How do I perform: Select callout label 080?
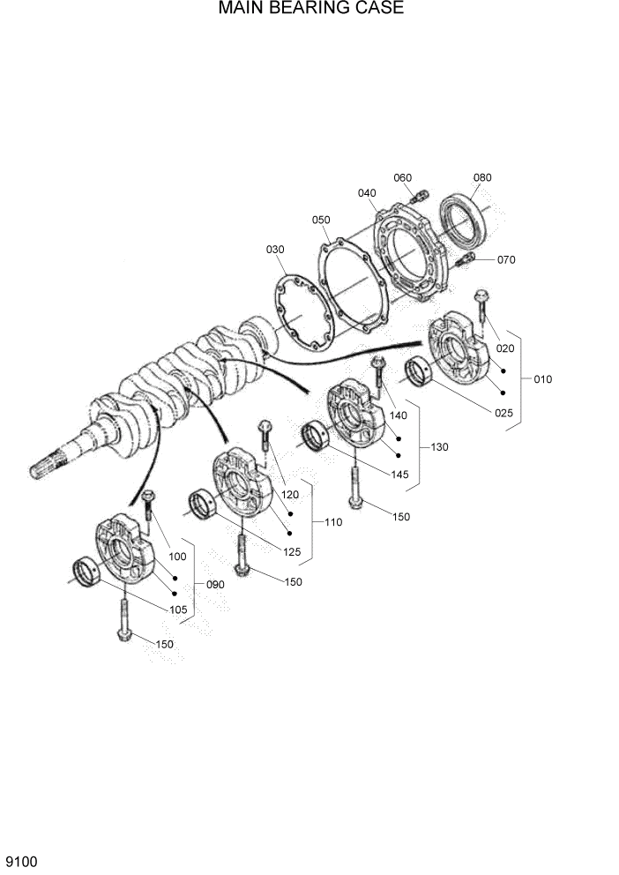click(481, 177)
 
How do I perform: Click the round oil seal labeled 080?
click(463, 220)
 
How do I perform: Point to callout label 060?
click(402, 178)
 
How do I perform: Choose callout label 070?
click(505, 260)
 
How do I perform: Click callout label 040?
click(367, 193)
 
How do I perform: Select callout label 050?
click(320, 220)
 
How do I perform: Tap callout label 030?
click(275, 250)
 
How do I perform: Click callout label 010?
click(542, 379)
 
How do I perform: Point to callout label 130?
click(439, 447)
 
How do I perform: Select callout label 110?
click(332, 522)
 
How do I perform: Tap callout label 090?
click(214, 584)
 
